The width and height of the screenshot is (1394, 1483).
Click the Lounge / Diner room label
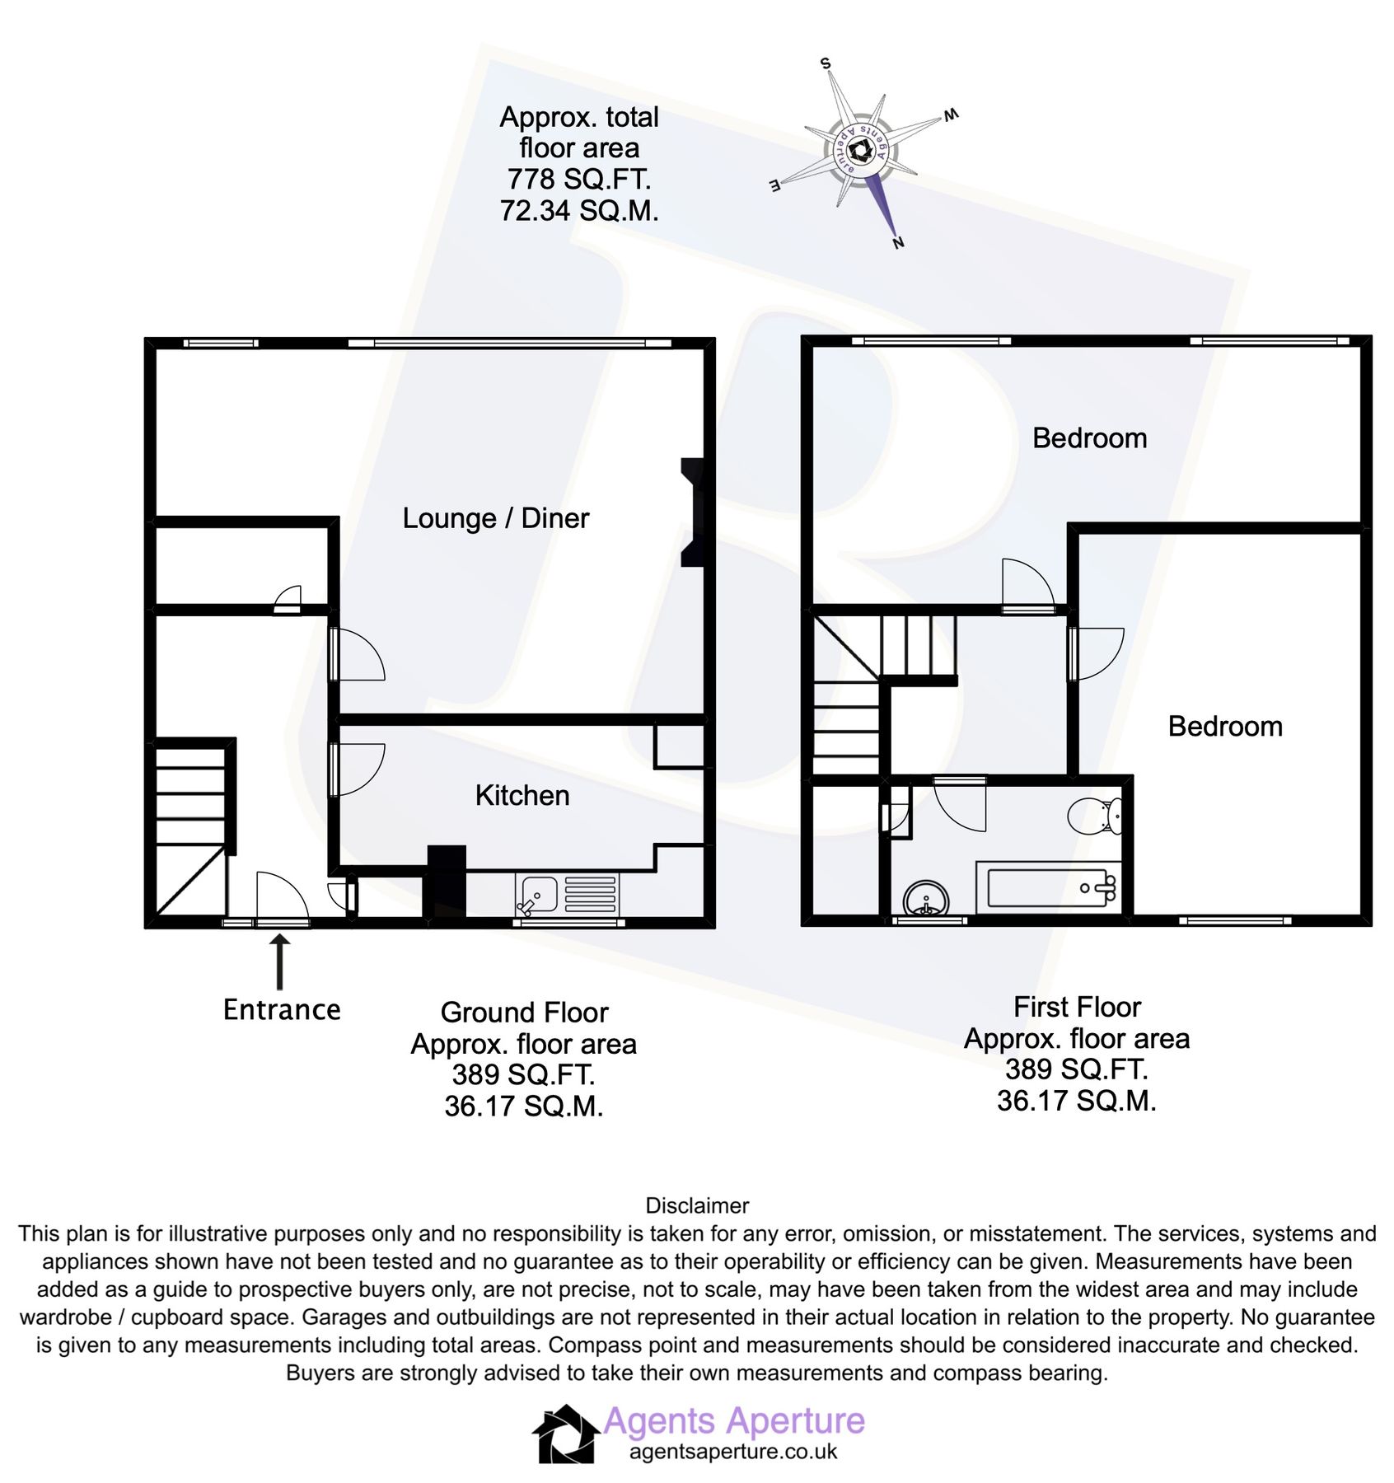pyautogui.click(x=495, y=518)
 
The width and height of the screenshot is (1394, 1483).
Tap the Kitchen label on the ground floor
pyautogui.click(x=522, y=795)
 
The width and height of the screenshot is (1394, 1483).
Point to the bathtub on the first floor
pyautogui.click(x=1047, y=887)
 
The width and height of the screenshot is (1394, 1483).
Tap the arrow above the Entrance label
pyautogui.click(x=280, y=961)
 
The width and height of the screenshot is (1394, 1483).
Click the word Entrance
pyautogui.click(x=282, y=1009)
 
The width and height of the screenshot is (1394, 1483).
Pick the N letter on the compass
pyautogui.click(x=898, y=242)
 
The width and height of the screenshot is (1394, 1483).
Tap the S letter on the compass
pyautogui.click(x=826, y=63)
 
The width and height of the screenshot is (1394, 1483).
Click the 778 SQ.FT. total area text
pyautogui.click(x=578, y=179)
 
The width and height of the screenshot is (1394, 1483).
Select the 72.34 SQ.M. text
pyautogui.click(x=578, y=211)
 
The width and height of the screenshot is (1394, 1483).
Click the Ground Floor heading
pyautogui.click(x=524, y=1012)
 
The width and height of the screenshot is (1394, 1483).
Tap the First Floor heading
pyautogui.click(x=1076, y=1007)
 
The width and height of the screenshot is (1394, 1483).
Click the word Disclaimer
pyautogui.click(x=697, y=1205)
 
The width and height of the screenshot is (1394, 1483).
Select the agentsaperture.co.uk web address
pyautogui.click(x=732, y=1452)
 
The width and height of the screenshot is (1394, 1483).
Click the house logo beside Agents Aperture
pyautogui.click(x=565, y=1434)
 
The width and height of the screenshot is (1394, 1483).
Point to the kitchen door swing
pyautogui.click(x=358, y=769)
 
